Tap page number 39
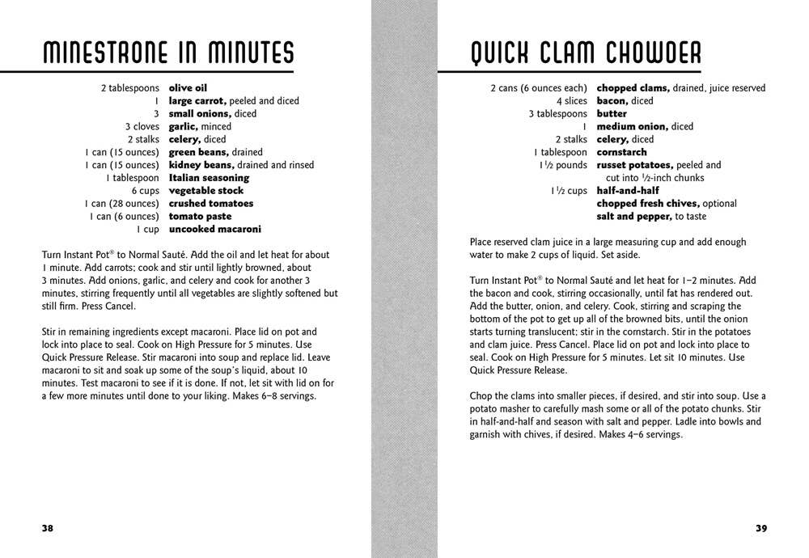(761, 528)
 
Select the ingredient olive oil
(188, 87)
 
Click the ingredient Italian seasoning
(209, 178)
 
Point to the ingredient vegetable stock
(206, 191)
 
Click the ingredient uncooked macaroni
(214, 230)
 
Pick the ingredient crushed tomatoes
(210, 204)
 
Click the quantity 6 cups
(146, 191)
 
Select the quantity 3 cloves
(142, 126)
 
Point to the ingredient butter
(612, 113)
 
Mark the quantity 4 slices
(571, 100)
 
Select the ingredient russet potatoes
(634, 165)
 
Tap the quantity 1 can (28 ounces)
(121, 204)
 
